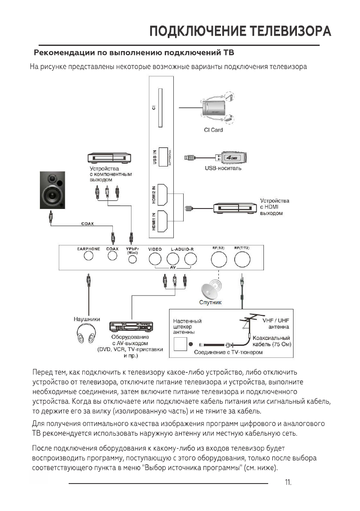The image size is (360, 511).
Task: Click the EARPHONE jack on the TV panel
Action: (x=88, y=256)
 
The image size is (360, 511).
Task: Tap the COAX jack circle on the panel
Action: (x=112, y=256)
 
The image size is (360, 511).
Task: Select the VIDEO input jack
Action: (x=155, y=258)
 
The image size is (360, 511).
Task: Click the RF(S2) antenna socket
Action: (x=218, y=259)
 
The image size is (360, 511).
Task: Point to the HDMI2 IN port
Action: (x=163, y=194)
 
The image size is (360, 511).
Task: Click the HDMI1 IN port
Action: (x=163, y=222)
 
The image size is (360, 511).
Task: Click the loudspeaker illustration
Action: (x=53, y=190)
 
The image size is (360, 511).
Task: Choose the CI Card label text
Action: (x=213, y=130)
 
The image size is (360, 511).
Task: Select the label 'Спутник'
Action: (x=210, y=302)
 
